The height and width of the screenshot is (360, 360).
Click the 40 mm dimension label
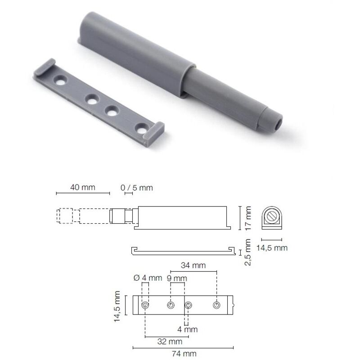[83, 187]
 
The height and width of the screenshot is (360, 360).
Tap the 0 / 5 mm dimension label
[137, 188]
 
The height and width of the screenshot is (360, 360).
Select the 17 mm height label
[248, 218]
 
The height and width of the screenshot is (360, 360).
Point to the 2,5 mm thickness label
[247, 252]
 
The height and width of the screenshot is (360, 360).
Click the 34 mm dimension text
[193, 265]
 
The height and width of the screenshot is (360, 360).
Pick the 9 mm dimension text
[177, 278]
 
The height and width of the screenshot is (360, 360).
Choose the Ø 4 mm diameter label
[148, 278]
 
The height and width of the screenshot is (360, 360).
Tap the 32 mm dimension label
[170, 342]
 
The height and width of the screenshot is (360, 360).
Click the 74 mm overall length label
[184, 354]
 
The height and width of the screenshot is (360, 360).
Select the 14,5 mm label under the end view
[272, 248]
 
